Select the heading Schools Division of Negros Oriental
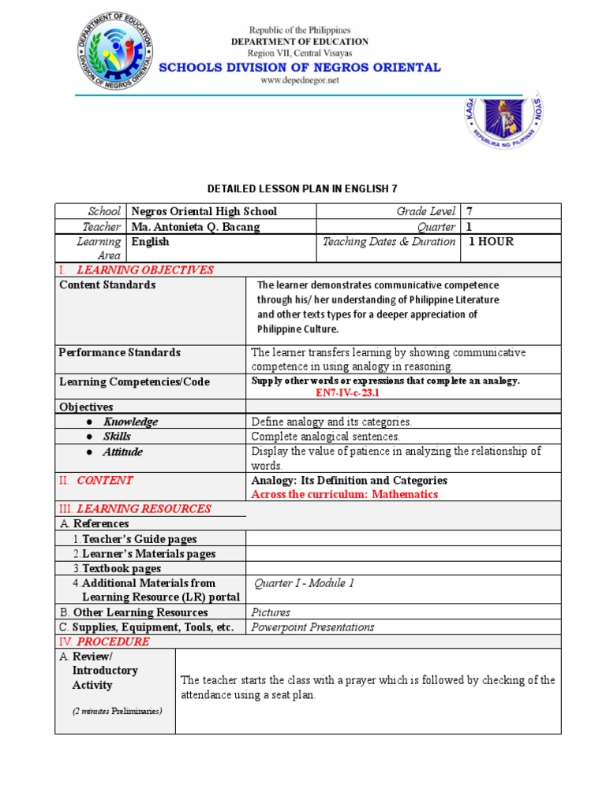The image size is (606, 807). click(300, 68)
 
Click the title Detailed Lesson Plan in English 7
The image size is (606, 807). click(307, 189)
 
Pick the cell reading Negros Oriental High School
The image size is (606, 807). click(204, 211)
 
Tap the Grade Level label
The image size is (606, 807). click(426, 211)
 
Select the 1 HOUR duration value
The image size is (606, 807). click(491, 242)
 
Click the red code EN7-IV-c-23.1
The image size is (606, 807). click(347, 392)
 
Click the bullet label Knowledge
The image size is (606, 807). click(130, 422)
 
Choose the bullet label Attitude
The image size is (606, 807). click(122, 452)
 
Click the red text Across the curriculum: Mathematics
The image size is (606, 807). click(344, 494)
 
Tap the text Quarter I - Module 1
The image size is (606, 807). click(304, 583)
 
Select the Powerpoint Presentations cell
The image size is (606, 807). click(312, 627)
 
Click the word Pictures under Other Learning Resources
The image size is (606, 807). click(271, 612)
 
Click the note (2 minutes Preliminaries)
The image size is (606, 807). click(117, 711)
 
